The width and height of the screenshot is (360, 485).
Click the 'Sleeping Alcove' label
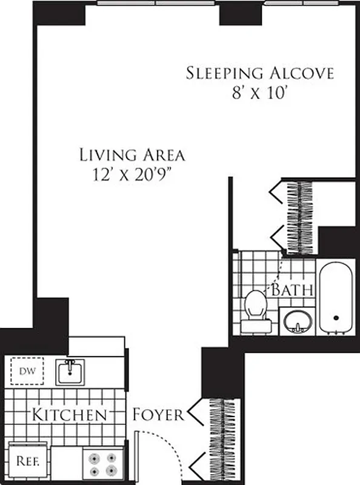click(259, 74)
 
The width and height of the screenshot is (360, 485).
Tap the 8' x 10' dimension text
click(259, 93)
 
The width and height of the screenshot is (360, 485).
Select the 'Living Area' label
click(132, 155)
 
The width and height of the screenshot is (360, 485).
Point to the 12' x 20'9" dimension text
click(132, 175)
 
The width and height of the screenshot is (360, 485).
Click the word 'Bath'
click(292, 290)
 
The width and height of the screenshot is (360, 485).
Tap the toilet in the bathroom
click(255, 310)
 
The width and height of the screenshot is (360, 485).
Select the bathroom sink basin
click(297, 319)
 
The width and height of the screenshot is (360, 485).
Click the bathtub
click(336, 297)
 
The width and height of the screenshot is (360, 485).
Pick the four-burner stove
click(103, 464)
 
